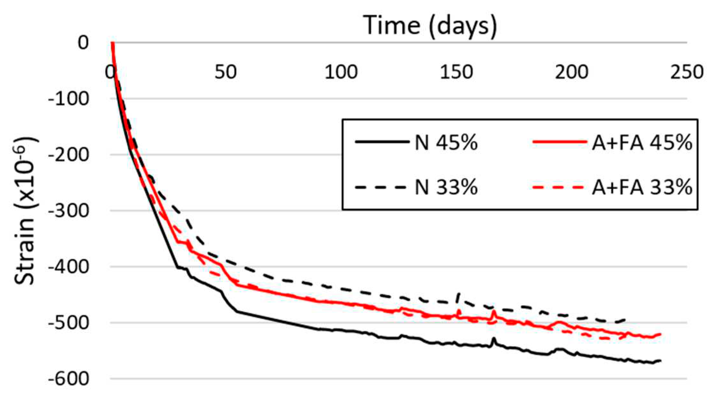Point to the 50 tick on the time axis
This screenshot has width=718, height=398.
click(226, 72)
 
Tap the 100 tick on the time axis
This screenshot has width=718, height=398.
click(341, 72)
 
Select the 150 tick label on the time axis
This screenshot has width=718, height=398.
click(456, 72)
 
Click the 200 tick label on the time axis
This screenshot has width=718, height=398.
click(572, 72)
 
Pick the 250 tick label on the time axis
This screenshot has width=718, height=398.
click(687, 72)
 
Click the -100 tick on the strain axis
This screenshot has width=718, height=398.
click(68, 99)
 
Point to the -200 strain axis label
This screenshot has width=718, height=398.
click(68, 155)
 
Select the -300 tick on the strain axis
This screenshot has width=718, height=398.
click(68, 211)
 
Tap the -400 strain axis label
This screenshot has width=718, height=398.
click(68, 267)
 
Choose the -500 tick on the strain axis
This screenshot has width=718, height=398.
click(68, 323)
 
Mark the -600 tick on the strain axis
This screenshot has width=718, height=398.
click(68, 379)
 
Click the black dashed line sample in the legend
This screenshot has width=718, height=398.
click(381, 187)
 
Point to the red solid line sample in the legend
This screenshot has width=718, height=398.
click(560, 142)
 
